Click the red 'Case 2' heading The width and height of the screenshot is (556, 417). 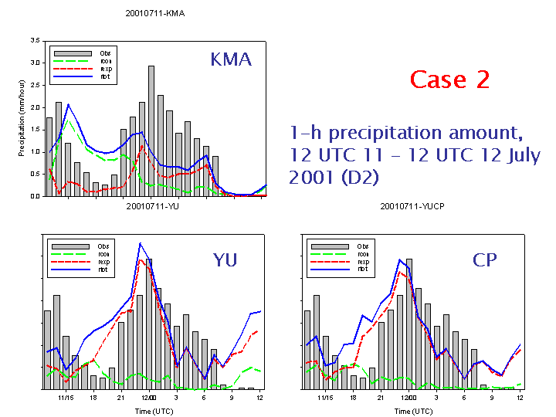point(449,80)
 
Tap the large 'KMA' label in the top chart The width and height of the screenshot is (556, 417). point(232,59)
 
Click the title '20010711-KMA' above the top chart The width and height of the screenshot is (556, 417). point(155,14)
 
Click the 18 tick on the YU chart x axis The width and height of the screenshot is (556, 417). point(93,398)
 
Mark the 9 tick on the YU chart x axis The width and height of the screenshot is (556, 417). point(232,398)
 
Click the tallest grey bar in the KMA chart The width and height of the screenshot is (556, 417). point(151,131)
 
